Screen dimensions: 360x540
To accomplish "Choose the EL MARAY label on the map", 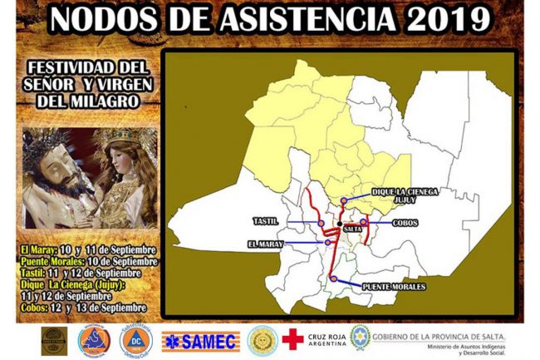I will pos(265,244).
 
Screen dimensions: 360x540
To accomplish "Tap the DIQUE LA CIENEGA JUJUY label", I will pos(405,195).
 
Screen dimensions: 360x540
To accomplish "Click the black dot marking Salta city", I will pos(341,229).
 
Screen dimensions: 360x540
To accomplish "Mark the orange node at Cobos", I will pos(364,222).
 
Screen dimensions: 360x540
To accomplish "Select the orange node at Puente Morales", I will pos(333,279).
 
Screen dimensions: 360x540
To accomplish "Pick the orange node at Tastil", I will pos(321,223).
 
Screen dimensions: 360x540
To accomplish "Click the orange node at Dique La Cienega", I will pos(344,200).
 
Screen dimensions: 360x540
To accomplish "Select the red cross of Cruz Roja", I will pos(292,338).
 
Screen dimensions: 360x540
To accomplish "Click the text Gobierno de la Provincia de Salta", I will pos(438,334).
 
